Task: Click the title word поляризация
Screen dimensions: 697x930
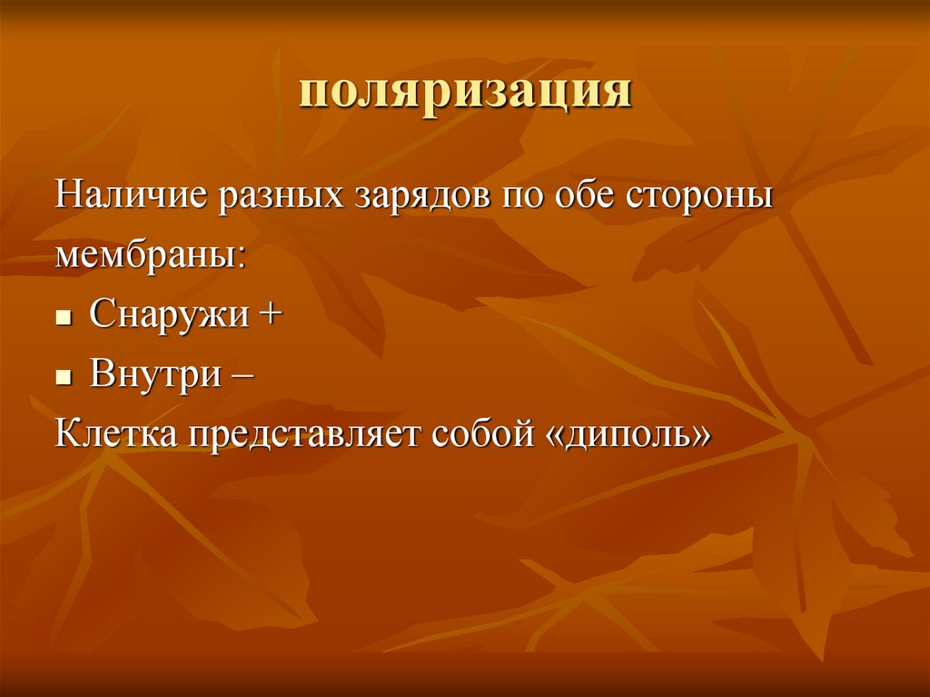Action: click(x=465, y=94)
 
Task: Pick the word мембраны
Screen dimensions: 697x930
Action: click(x=145, y=255)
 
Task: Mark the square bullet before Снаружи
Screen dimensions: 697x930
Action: click(x=64, y=319)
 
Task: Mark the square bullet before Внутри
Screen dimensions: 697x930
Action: click(x=64, y=378)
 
